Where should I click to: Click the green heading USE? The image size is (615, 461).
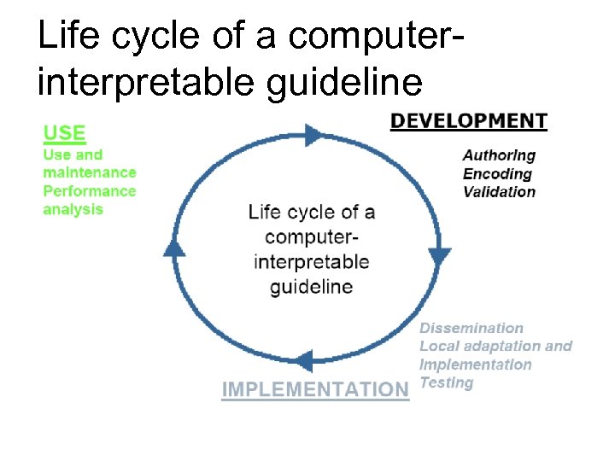[64, 133]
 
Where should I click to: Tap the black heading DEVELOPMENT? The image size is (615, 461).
[468, 121]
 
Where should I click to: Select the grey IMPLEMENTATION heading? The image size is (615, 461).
[315, 390]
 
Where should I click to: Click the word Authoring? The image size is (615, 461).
[499, 155]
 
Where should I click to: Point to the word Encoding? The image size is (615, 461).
[497, 173]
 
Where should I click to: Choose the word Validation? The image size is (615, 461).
[499, 191]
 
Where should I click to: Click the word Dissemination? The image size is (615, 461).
[471, 328]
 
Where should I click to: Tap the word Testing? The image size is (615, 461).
[446, 382]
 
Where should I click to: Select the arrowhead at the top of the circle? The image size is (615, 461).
[313, 134]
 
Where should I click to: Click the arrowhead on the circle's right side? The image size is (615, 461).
[440, 255]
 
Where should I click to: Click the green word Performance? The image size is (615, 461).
[89, 191]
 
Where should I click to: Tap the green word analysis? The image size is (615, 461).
[73, 209]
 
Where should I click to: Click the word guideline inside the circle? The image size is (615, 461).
[311, 286]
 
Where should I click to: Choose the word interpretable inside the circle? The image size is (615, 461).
[311, 261]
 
